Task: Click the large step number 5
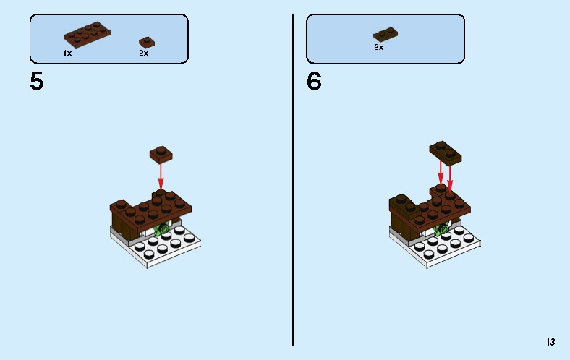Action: point(37,81)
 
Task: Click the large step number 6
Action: point(314,81)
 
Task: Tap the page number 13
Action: point(551,342)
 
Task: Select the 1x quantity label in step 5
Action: point(67,53)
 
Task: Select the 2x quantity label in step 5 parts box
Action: point(143,53)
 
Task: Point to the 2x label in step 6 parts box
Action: point(378,47)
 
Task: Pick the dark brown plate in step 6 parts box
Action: point(386,34)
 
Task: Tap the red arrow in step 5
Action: point(161,174)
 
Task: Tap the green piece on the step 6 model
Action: point(441,230)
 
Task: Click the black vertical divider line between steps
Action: point(292,181)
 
